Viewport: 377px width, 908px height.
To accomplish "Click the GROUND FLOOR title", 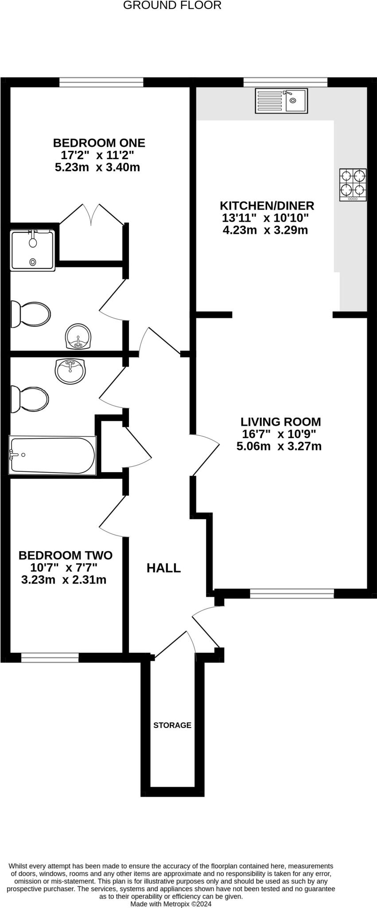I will (172, 6).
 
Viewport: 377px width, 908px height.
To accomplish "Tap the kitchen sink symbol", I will (281, 101).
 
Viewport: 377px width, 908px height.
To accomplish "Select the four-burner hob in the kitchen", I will (353, 184).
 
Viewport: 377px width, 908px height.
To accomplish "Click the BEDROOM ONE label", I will (99, 143).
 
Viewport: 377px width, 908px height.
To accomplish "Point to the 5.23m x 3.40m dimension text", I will (97, 168).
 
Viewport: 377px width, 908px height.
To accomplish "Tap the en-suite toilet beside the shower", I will (30, 314).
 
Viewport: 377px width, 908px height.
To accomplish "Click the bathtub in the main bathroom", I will (52, 456).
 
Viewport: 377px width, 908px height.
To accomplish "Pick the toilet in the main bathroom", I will (29, 399).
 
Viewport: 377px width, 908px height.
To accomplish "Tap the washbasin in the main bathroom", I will (70, 371).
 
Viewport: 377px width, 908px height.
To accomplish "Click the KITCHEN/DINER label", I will (267, 206).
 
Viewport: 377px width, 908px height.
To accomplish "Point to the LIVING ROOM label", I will (280, 422).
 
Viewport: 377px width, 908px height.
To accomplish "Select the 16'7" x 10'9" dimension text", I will (279, 434).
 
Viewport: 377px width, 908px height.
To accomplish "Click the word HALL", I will (163, 568).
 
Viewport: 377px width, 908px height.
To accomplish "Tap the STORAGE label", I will (172, 725).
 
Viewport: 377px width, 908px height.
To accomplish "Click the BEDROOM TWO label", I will (66, 555).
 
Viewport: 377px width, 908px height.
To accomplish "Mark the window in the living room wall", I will (291, 594).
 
